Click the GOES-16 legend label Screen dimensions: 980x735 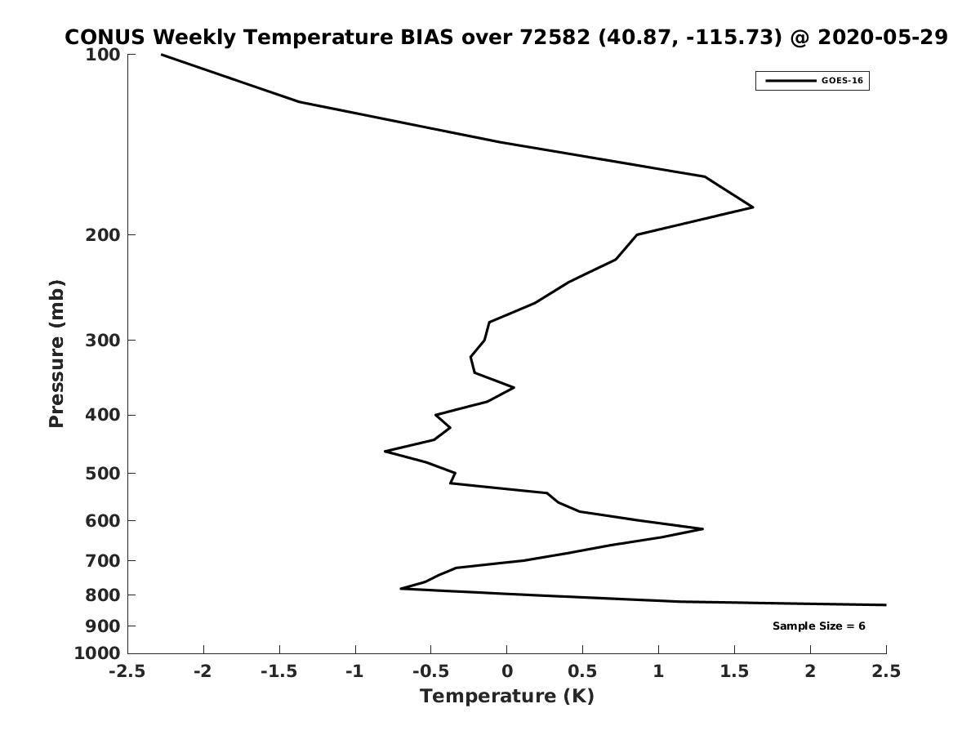[x=842, y=81]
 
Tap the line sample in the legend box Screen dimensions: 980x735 [x=791, y=81]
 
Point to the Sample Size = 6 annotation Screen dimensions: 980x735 [x=819, y=626]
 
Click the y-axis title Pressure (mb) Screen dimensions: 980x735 [x=56, y=354]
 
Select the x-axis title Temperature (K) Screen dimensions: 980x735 [x=507, y=696]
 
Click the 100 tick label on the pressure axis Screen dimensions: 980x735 [x=103, y=55]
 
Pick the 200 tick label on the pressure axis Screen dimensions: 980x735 [x=103, y=234]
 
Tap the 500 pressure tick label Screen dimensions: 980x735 [x=103, y=473]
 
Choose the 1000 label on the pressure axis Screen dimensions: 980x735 [x=97, y=653]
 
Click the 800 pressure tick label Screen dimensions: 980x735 [x=103, y=595]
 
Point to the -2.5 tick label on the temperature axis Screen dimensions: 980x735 [x=127, y=671]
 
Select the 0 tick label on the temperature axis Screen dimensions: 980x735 [x=507, y=671]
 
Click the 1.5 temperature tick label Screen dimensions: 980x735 [x=734, y=671]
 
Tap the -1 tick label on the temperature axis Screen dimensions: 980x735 [x=355, y=671]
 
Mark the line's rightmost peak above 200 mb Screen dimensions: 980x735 [x=753, y=207]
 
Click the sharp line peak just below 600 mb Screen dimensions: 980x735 [x=703, y=529]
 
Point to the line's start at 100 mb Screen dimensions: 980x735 [x=161, y=55]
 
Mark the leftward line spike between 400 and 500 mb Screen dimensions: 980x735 [x=385, y=451]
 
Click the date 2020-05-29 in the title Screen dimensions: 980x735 [x=883, y=37]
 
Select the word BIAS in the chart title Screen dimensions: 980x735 [x=426, y=37]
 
